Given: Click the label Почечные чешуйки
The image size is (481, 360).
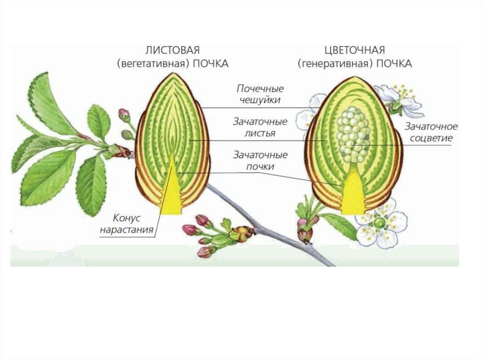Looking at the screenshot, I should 260,94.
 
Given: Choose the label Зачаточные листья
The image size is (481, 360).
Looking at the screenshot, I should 260,127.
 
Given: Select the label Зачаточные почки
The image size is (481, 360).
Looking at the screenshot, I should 260,160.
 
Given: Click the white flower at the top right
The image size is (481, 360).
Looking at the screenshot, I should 399,100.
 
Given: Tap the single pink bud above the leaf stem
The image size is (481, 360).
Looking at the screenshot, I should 124,114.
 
